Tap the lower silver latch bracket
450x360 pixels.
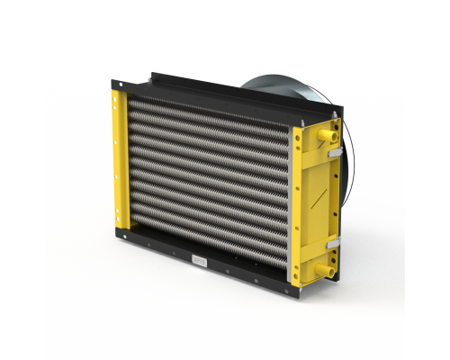point(331,244)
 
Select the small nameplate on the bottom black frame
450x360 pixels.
point(200,260)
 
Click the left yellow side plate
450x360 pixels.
point(119,157)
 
